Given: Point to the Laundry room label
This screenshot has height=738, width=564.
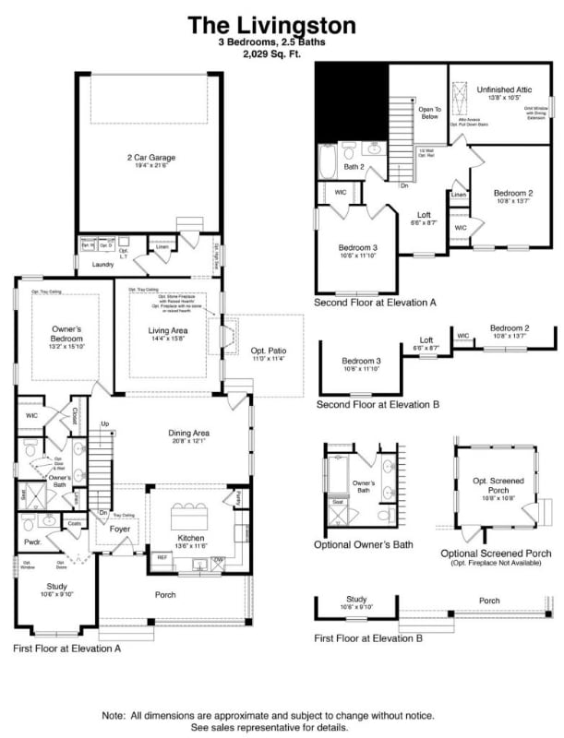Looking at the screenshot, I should click(102, 264).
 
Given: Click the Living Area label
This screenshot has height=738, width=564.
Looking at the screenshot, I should click(168, 330).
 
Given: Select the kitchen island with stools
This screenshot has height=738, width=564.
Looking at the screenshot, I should click(190, 511).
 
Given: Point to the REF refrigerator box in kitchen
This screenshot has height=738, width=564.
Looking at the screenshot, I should click(162, 557).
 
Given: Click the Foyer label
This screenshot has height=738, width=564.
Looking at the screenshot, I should click(121, 530).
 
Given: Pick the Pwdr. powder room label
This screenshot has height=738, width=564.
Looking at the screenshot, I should click(32, 543).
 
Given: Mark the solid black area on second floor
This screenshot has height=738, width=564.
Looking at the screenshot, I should click(349, 102).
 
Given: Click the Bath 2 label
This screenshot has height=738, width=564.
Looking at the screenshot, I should click(353, 167).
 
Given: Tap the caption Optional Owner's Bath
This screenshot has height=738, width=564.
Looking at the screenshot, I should click(364, 545).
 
